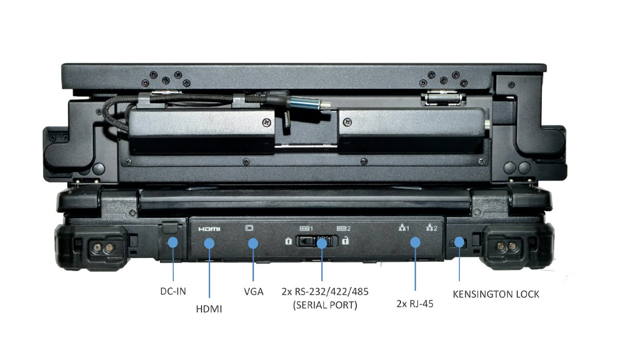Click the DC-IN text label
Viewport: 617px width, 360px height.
point(173,291)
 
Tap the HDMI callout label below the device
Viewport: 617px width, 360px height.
point(209,309)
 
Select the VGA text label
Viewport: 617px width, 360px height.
point(253,292)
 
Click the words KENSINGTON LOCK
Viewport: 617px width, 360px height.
point(496,294)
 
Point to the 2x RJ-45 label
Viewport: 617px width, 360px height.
point(415,303)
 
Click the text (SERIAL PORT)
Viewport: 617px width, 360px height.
point(325,305)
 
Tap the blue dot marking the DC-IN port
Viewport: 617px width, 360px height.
point(173,242)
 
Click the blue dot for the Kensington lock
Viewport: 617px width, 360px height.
point(459,242)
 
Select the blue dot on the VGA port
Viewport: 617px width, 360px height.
point(253,243)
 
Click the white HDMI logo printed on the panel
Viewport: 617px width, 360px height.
point(209,229)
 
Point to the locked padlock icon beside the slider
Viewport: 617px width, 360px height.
point(288,241)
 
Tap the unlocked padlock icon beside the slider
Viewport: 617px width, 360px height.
point(346,241)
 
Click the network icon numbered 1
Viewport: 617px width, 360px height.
point(404,227)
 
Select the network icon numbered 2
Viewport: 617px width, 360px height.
point(431,227)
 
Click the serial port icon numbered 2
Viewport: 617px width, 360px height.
point(343,229)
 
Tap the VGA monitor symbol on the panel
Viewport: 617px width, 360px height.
point(249,228)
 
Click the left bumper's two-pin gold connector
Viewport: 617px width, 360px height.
point(103,247)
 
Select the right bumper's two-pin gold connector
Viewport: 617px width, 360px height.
point(506,246)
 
